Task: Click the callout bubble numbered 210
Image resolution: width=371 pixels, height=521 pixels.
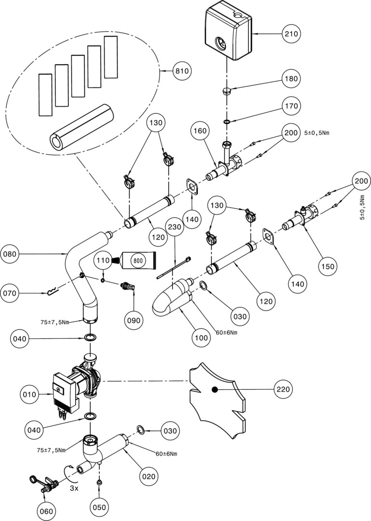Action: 291,34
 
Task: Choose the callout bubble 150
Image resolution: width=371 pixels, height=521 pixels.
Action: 328,266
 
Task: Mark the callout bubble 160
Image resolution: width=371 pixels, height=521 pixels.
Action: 200,131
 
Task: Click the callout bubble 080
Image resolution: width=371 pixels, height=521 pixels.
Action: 10,254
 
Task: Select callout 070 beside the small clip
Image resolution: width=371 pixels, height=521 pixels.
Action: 10,293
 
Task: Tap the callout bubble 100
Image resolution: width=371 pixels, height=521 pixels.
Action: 201,338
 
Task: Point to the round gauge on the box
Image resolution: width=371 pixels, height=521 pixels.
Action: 221,43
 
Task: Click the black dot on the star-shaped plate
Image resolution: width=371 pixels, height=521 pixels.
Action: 215,389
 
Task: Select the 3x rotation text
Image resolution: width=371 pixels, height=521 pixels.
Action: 74,489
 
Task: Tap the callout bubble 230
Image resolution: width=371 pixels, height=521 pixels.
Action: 175,227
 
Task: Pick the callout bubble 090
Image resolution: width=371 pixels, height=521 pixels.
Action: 133,320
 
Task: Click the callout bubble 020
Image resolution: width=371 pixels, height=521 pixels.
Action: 148,477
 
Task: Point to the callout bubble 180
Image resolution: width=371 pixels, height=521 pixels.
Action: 291,79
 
